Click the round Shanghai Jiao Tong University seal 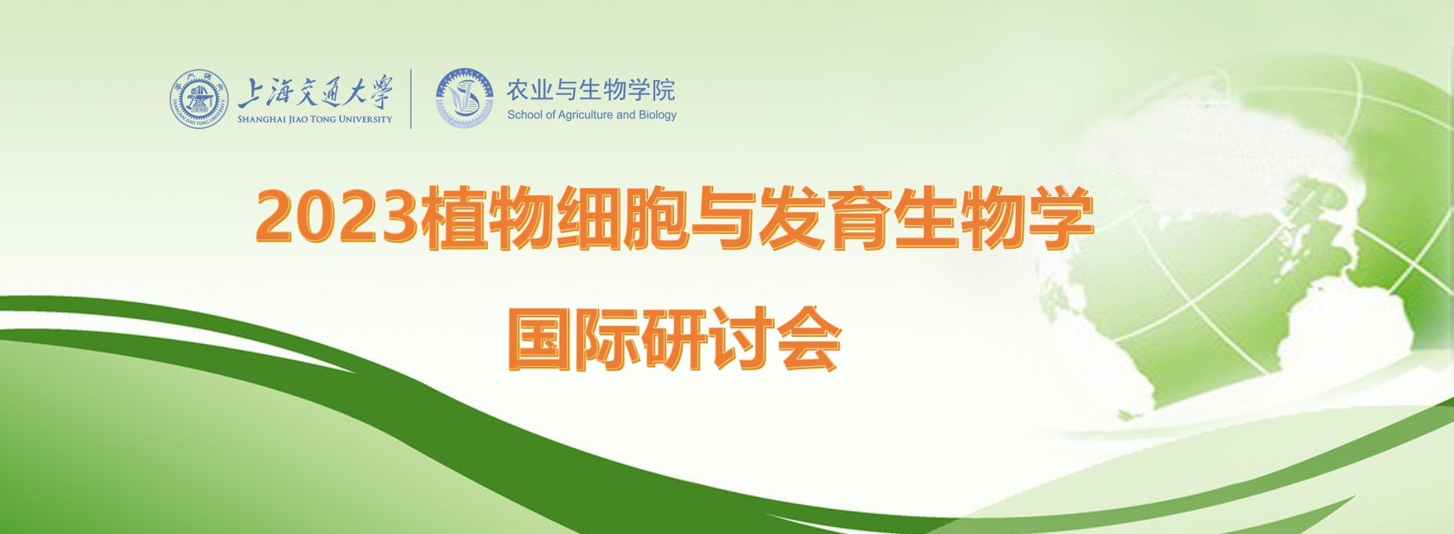200,100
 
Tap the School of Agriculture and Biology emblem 465,99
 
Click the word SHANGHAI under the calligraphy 262,119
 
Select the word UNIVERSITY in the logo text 365,119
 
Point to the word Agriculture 585,115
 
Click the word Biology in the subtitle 657,115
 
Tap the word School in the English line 525,115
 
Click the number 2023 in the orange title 337,218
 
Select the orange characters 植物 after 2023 487,218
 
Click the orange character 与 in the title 723,218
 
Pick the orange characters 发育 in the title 824,218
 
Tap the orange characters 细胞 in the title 623,218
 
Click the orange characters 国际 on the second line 574,338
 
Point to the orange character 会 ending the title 808,338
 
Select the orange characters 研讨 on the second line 708,338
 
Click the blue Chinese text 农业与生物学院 591,90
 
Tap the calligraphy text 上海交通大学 315,92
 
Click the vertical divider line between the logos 411,99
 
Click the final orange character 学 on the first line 1060,218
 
